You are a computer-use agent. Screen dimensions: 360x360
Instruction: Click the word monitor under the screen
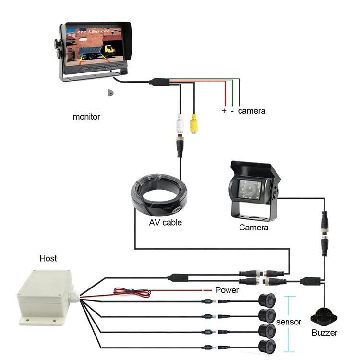[x=86, y=116]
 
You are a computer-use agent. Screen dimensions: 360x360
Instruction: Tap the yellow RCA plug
[x=193, y=124]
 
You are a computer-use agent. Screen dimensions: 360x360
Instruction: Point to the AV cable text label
[x=166, y=222]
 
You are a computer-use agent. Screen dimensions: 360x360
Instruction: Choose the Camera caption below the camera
[x=254, y=227]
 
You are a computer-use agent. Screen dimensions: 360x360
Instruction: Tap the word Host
[x=48, y=258]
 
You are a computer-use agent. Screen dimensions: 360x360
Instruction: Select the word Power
[x=227, y=290]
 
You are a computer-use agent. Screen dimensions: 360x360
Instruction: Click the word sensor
[x=289, y=322]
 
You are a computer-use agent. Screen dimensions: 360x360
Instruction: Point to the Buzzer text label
[x=324, y=333]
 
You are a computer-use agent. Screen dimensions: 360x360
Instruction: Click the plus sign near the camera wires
[x=224, y=111]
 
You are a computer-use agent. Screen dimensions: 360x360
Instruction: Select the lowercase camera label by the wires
[x=252, y=111]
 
